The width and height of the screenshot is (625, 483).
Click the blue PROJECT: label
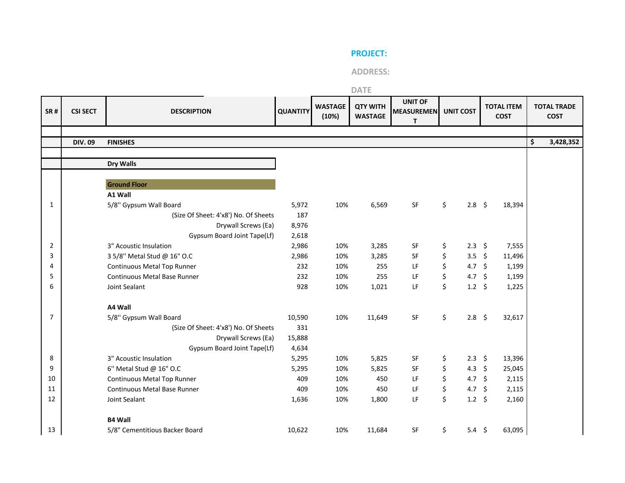[x=369, y=53]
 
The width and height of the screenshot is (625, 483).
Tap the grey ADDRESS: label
[x=370, y=72]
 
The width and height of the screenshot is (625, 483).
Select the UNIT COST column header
[x=460, y=111]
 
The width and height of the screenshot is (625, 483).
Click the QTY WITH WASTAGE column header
[x=370, y=111]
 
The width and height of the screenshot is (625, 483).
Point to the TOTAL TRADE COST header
[x=555, y=111]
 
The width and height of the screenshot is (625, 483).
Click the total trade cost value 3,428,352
[x=564, y=142]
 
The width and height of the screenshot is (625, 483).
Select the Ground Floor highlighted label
[x=127, y=185]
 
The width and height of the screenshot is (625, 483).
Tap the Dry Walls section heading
[x=122, y=164]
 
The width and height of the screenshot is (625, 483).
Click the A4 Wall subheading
[x=119, y=307]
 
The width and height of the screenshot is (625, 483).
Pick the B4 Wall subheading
[x=119, y=420]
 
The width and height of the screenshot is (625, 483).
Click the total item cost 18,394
[x=513, y=205]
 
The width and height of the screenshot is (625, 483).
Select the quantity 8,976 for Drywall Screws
[x=299, y=225]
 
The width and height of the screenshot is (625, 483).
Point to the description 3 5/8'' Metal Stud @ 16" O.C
[x=150, y=256]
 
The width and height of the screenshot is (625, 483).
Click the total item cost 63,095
[x=513, y=430]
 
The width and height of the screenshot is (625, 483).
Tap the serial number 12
[x=52, y=399]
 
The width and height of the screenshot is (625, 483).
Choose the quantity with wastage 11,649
[x=377, y=318]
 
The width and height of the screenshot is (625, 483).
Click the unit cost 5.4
[x=472, y=430]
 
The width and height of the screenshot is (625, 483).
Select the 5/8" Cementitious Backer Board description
[x=155, y=430]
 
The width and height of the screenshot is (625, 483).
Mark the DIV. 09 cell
[x=84, y=142]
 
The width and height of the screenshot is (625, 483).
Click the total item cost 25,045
[x=513, y=369]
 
